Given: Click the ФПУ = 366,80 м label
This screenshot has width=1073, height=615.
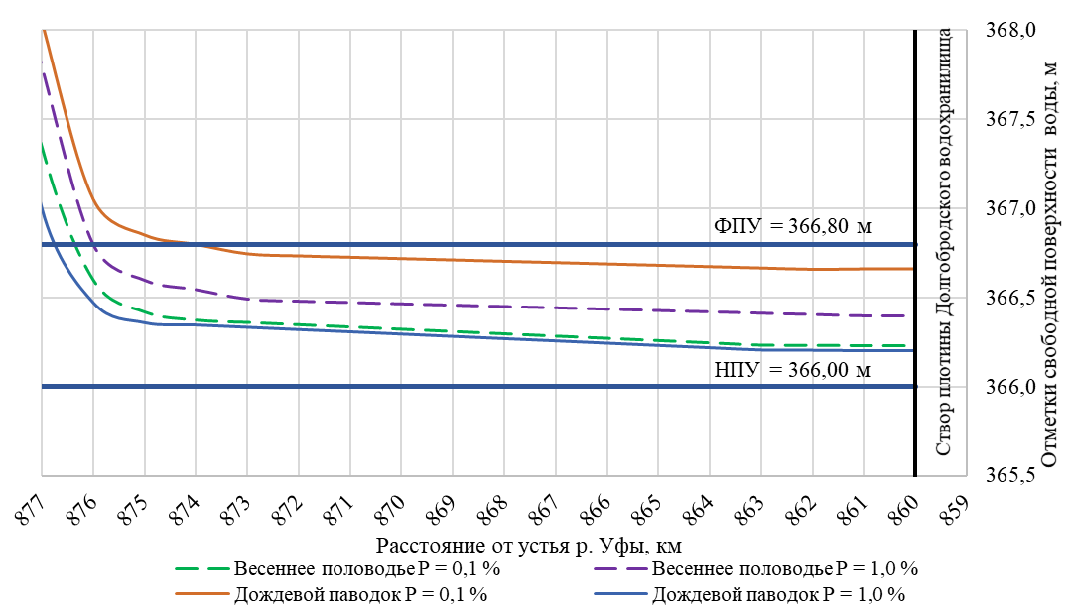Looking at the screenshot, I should click(x=792, y=226).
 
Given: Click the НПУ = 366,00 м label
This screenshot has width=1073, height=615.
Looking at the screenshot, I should click(x=792, y=371).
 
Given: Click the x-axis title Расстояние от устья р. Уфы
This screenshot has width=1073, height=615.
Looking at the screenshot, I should click(x=528, y=546).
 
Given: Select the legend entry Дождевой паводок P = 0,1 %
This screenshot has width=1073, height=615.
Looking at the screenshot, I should click(x=360, y=595).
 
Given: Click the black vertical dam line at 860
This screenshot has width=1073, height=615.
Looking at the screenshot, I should click(x=914, y=298).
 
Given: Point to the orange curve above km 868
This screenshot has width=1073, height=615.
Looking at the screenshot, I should click(x=503, y=261).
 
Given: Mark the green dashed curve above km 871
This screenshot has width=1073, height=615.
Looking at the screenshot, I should click(x=349, y=326).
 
